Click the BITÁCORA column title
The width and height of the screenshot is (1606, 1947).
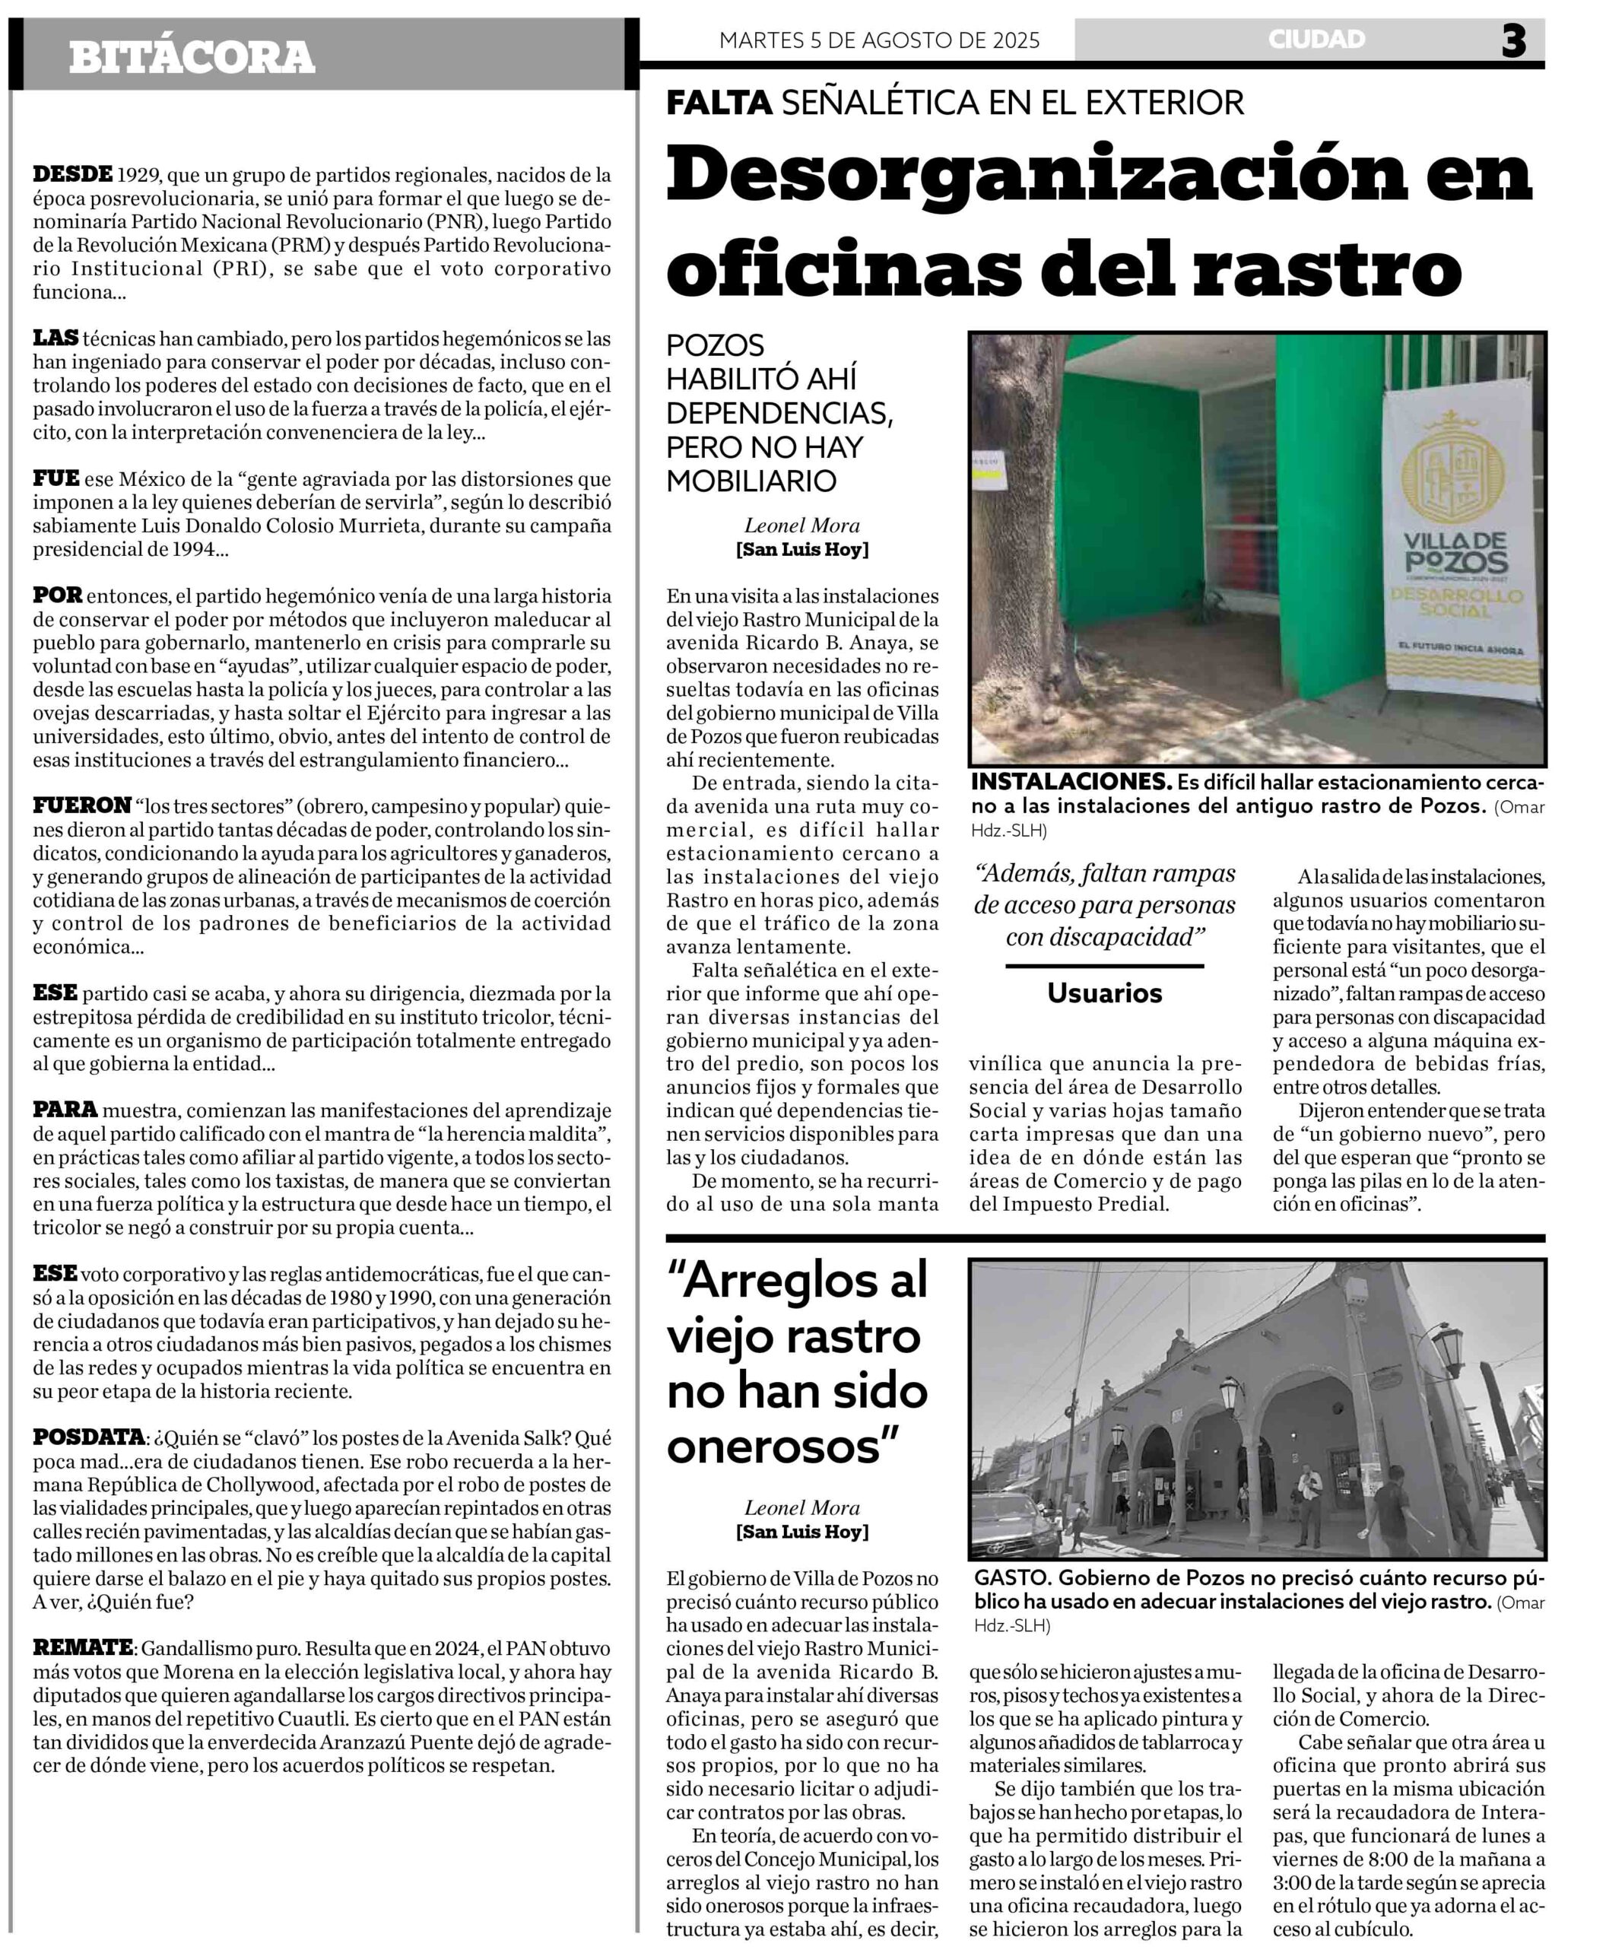(192, 57)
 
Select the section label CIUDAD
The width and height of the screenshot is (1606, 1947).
(1316, 40)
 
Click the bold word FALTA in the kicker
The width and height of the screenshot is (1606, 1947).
(719, 102)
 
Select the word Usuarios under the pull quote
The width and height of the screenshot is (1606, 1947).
(1103, 993)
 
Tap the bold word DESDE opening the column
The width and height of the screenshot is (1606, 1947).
(72, 174)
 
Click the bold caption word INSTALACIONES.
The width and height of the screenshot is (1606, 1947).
(1071, 781)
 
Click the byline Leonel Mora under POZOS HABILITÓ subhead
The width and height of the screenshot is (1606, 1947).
(801, 526)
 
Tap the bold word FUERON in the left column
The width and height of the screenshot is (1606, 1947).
(82, 805)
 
